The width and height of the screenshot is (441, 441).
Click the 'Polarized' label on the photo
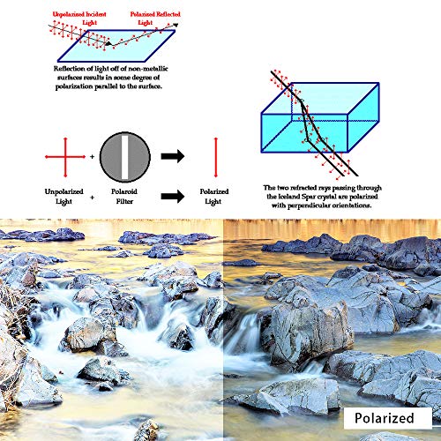coord(385,418)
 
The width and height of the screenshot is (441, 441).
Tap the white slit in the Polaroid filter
coord(125,157)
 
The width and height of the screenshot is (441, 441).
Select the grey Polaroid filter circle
coord(125,157)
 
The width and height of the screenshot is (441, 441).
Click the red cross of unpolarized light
coord(65,157)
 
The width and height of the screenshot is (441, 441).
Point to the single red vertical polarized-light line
coord(216,157)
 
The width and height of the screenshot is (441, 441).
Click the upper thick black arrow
coord(173,156)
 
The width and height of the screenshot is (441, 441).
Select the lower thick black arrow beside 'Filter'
coord(173,196)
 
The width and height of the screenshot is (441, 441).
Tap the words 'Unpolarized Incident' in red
coord(79,14)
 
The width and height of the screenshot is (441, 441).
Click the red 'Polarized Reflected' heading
coord(155,14)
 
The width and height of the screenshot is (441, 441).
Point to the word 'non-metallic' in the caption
coord(148,69)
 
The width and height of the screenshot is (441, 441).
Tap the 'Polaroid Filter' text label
coord(124,196)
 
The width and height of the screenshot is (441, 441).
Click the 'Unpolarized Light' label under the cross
coord(64,196)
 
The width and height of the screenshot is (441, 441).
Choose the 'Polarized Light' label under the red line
coord(214,196)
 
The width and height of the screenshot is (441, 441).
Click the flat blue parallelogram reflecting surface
coord(116,46)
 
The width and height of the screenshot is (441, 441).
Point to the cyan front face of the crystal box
coord(304,133)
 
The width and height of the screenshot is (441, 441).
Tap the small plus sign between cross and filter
coord(92,157)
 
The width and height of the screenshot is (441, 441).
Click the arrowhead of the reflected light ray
coord(176,25)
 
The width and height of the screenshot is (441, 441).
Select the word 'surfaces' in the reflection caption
coord(70,78)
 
